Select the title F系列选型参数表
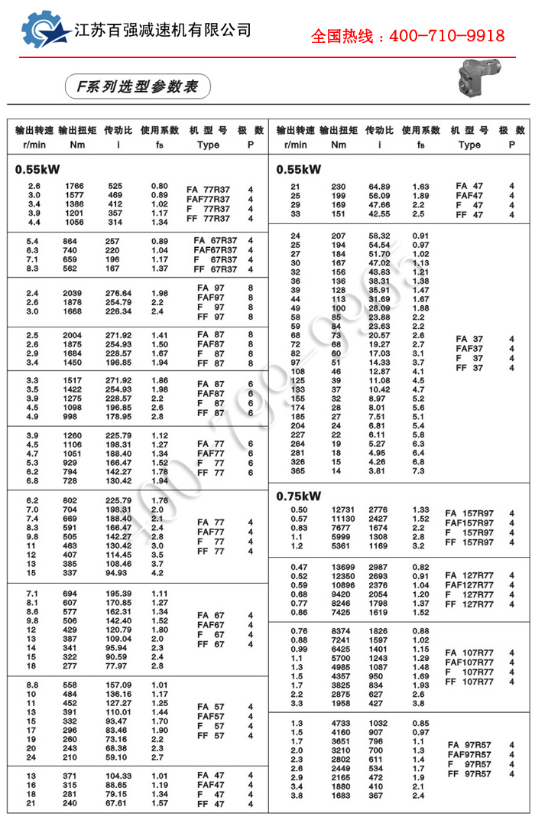[x=137, y=86]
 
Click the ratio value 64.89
[x=379, y=187]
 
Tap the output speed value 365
[x=297, y=471]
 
